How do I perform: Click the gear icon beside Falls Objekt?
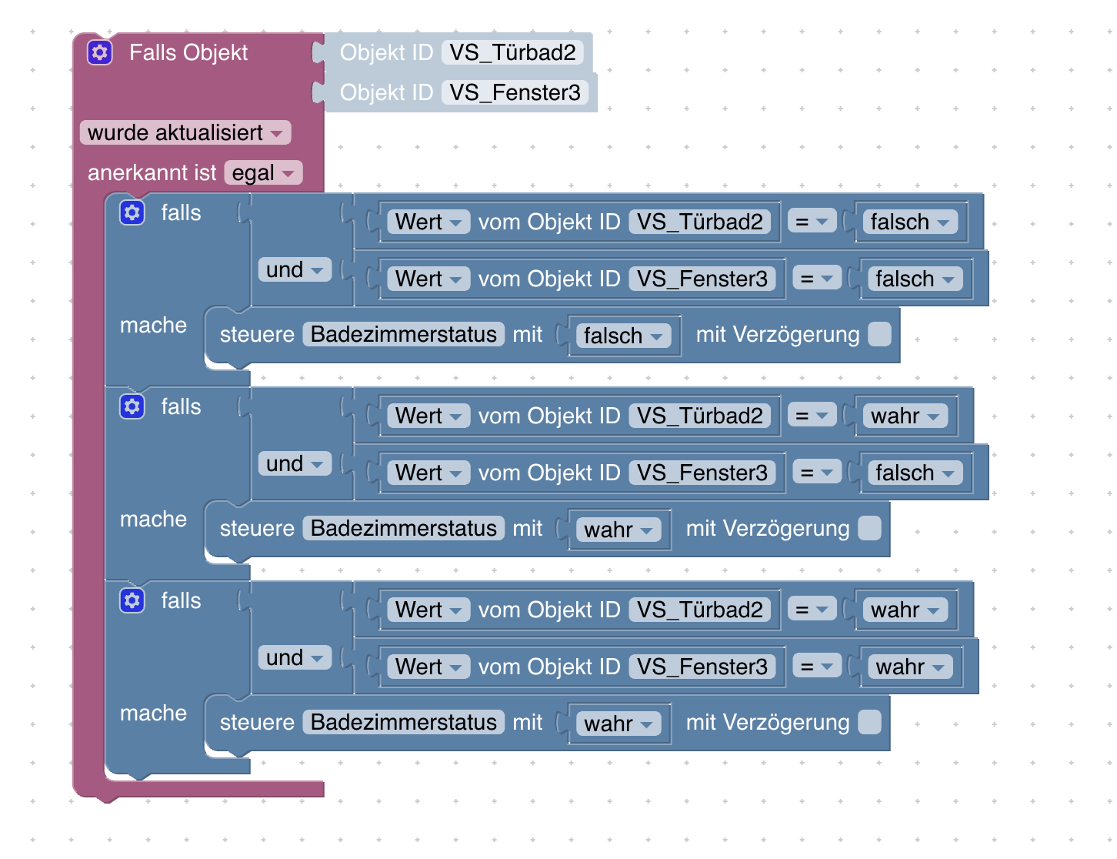[x=100, y=52]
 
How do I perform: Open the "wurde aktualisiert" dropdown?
[x=185, y=132]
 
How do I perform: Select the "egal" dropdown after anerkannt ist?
[x=263, y=173]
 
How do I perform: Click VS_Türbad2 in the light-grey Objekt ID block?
[x=512, y=52]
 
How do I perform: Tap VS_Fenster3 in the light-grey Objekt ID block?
[x=515, y=92]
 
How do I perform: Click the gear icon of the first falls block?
[x=132, y=213]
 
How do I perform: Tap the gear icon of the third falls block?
[x=132, y=601]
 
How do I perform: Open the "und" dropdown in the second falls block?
[x=295, y=464]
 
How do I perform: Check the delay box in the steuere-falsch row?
[x=879, y=335]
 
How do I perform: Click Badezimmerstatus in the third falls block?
[x=404, y=723]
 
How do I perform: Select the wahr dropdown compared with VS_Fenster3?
[x=909, y=667]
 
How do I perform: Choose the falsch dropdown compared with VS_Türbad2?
[x=909, y=222]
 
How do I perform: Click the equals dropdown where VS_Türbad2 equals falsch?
[x=812, y=222]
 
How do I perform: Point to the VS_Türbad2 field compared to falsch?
[x=699, y=222]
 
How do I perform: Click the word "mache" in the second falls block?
[x=153, y=520]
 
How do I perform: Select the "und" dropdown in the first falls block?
[x=295, y=270]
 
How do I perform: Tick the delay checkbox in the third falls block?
[x=869, y=723]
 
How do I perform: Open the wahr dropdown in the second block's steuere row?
[x=619, y=530]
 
